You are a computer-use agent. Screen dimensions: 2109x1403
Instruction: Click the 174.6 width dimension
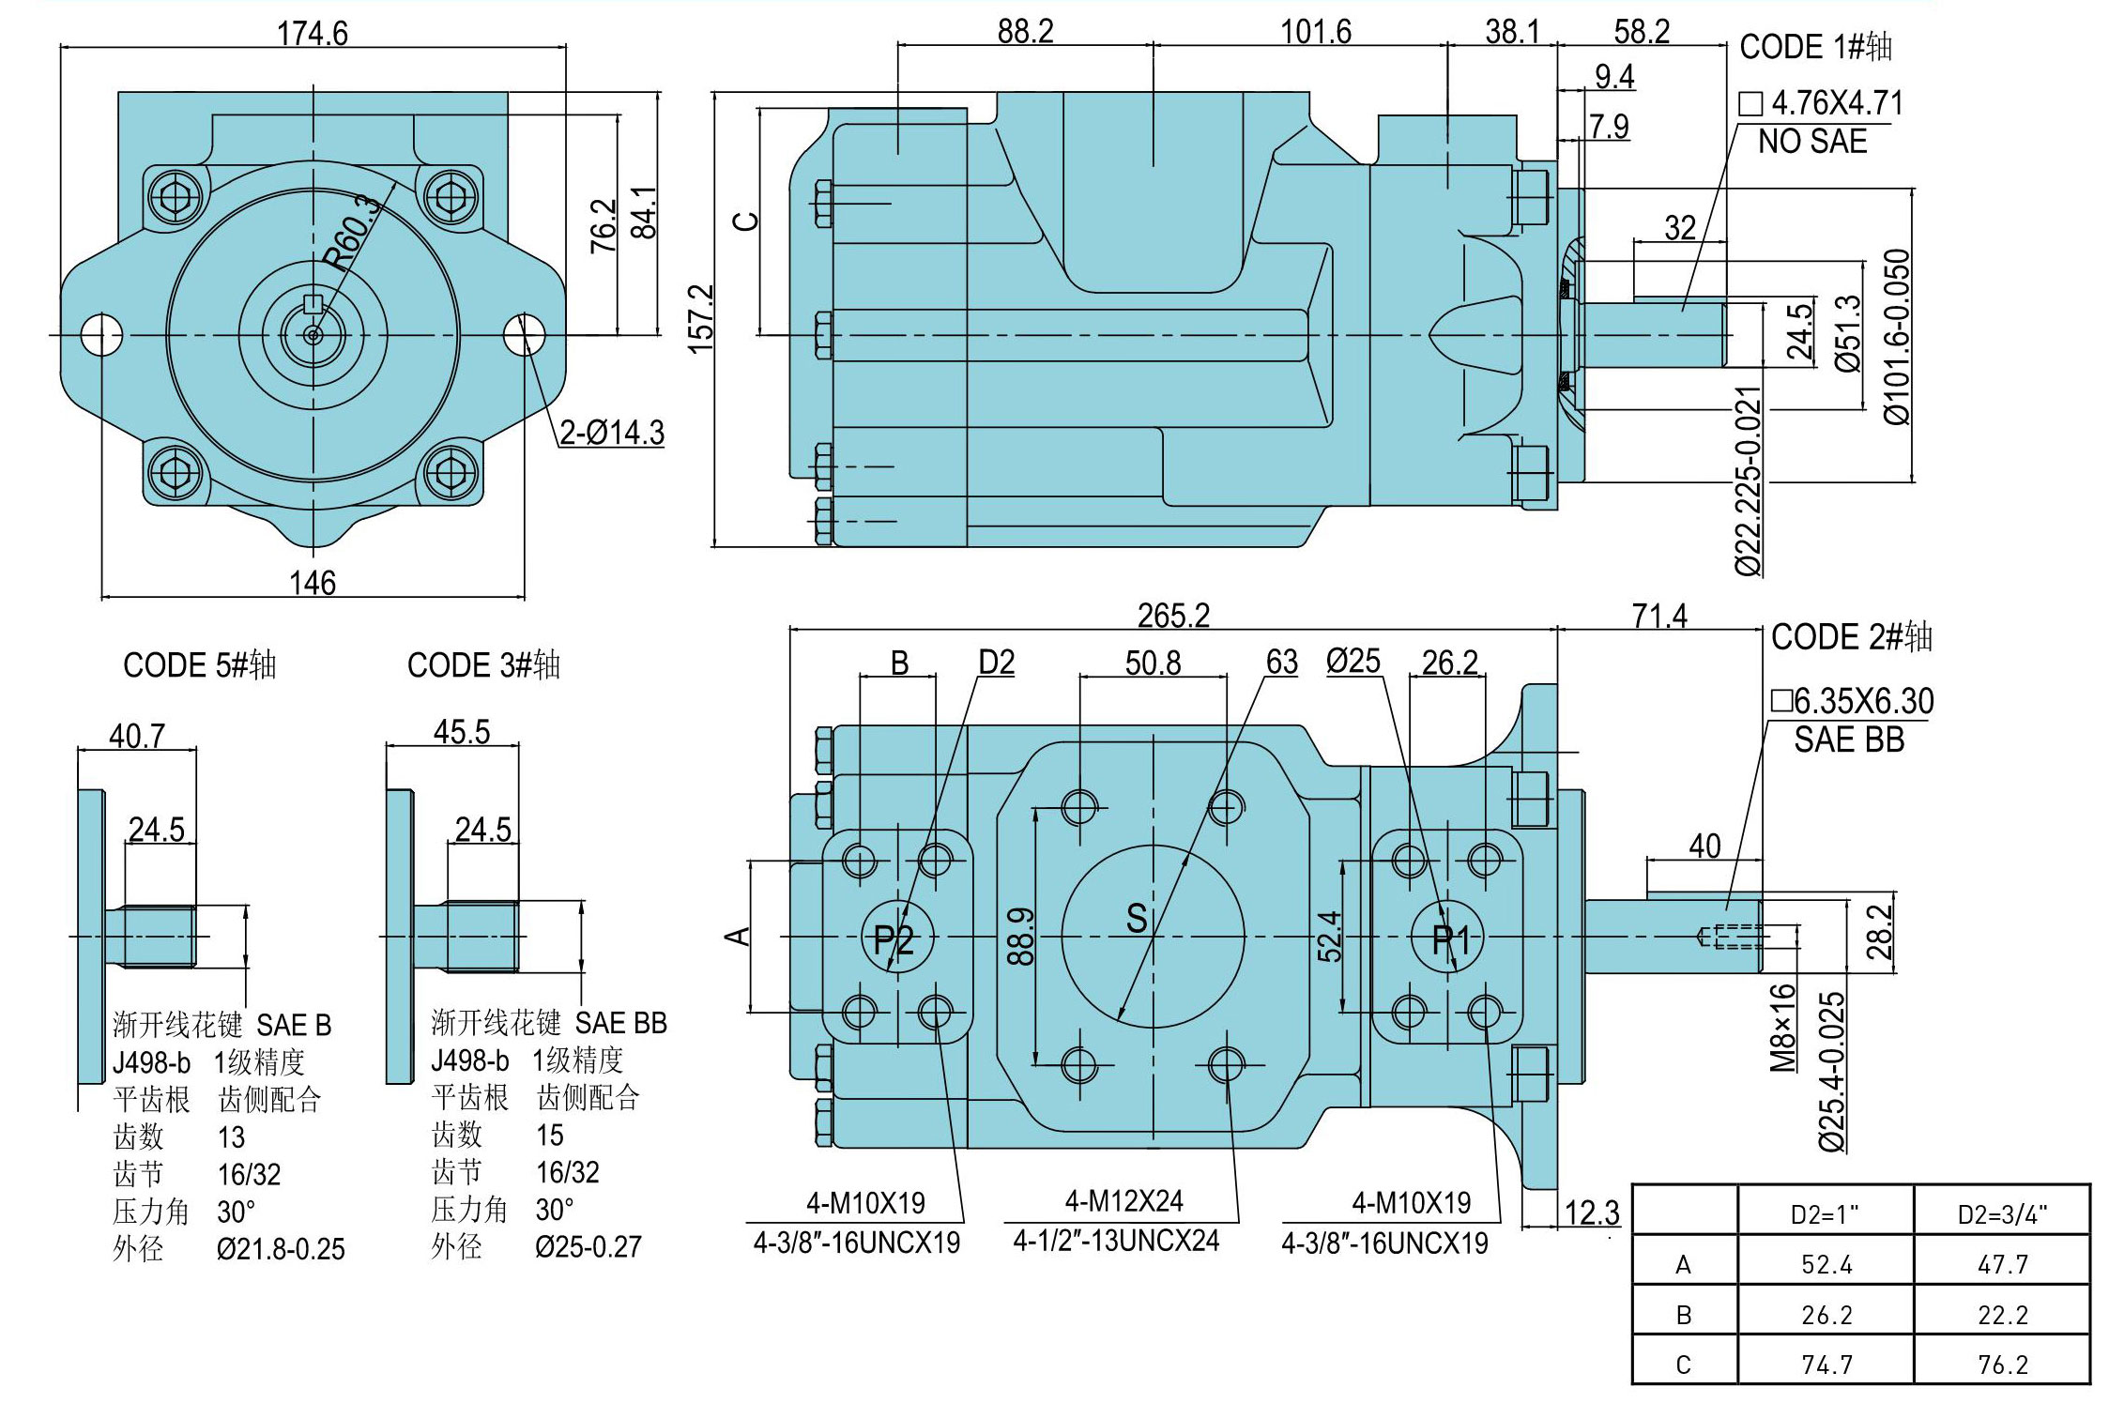tap(313, 34)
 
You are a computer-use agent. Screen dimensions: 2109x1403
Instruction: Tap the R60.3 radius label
tap(353, 232)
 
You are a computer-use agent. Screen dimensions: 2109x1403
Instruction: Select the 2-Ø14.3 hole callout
tap(612, 433)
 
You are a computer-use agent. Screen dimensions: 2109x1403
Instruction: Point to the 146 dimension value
tap(313, 583)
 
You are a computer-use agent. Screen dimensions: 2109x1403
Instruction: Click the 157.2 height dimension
tap(702, 319)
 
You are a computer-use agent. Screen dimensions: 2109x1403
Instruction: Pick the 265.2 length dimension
tap(1174, 616)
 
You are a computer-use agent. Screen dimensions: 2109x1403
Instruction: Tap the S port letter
tap(1137, 918)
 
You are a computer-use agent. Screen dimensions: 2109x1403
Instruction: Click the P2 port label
tap(894, 938)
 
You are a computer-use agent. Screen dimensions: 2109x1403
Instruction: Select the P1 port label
tap(1450, 938)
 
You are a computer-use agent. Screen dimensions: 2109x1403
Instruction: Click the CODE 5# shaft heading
tap(200, 665)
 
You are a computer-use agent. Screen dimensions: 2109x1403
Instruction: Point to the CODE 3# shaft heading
tap(483, 665)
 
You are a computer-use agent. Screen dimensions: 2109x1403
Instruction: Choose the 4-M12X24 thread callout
tap(1123, 1200)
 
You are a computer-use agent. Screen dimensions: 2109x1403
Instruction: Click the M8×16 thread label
tap(1782, 1028)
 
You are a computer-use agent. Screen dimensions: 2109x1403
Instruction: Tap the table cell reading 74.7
tap(1826, 1364)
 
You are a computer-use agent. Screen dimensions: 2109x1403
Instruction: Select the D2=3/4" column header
tap(2002, 1214)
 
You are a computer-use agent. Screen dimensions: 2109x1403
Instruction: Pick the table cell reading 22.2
tap(2003, 1315)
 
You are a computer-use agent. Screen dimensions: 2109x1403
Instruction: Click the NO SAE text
tap(1812, 143)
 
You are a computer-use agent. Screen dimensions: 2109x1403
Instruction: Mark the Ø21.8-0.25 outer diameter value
tap(281, 1249)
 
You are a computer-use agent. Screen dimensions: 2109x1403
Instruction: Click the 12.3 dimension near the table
tap(1592, 1212)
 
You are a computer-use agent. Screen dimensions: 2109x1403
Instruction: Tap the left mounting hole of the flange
tap(101, 334)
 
